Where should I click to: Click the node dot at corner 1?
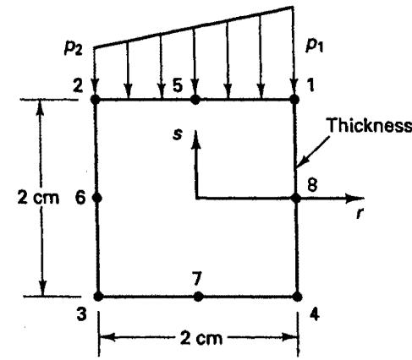point(294,99)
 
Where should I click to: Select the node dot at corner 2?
point(96,100)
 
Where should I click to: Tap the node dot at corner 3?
point(98,297)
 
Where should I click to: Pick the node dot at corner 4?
point(298,297)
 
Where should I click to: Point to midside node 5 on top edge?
point(195,100)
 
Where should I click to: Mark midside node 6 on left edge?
point(97,198)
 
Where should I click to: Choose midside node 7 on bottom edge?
point(198,297)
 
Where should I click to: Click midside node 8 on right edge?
point(296,199)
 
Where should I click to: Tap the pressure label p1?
point(315,46)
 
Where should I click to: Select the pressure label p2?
point(74,48)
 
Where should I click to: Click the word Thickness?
point(369,125)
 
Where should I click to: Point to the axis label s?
point(178,134)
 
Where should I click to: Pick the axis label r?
point(359,214)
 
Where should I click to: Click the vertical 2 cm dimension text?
point(38,198)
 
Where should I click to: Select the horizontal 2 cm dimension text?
point(201,338)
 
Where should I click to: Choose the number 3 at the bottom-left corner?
point(82,314)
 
